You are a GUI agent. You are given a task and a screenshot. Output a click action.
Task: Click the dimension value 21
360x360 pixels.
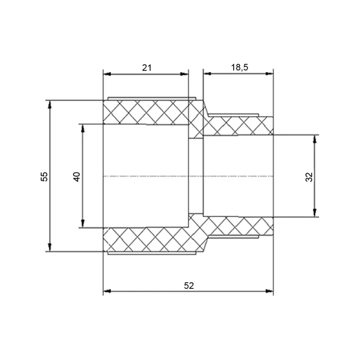tap(147, 68)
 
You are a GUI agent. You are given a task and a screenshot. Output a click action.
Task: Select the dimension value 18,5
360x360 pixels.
tap(239, 67)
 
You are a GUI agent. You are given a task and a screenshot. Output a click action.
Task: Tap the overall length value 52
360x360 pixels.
tap(189, 285)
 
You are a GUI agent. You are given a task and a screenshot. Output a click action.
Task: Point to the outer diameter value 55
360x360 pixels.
tap(44, 176)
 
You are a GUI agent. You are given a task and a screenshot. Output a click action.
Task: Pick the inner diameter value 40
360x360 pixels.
tap(77, 176)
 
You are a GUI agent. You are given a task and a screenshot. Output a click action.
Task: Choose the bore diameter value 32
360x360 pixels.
tap(309, 177)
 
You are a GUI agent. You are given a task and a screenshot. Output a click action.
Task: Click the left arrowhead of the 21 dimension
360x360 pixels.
tap(107, 74)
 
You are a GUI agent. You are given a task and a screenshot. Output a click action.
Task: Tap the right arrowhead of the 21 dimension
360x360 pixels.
tap(184, 74)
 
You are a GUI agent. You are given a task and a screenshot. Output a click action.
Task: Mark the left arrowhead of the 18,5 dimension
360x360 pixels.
tap(207, 73)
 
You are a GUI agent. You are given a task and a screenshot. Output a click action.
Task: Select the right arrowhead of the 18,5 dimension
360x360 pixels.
tap(269, 73)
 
